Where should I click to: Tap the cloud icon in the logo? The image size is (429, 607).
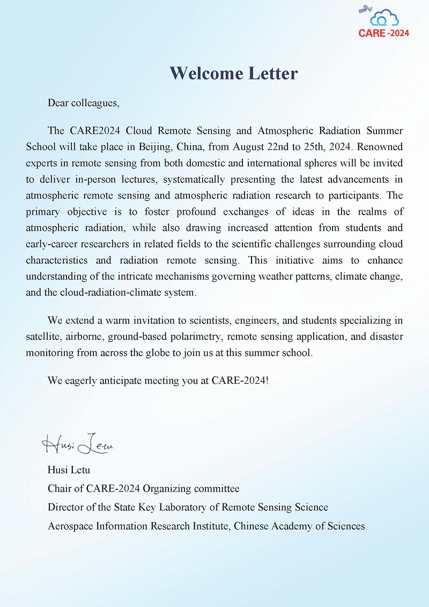[x=384, y=18]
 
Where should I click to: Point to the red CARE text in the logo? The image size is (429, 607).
[x=372, y=33]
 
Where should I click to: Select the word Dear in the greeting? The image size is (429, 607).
[x=58, y=103]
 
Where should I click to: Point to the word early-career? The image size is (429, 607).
[x=51, y=244]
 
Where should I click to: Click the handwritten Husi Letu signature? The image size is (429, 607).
[x=78, y=444]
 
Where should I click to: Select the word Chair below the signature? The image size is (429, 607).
[x=60, y=488]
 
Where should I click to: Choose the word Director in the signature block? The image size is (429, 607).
[x=66, y=507]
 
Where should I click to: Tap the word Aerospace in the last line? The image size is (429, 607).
[x=70, y=526]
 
